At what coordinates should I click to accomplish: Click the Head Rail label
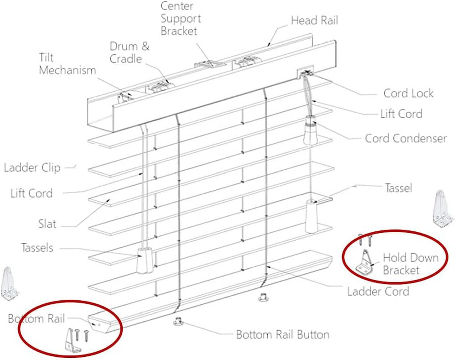click(315, 21)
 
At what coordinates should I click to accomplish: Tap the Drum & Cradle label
click(129, 52)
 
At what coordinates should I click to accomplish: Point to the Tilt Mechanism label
click(67, 64)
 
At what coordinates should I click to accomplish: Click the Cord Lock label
click(408, 94)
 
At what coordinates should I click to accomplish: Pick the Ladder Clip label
click(32, 167)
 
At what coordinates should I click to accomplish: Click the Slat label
click(47, 224)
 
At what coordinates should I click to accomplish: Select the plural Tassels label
click(37, 248)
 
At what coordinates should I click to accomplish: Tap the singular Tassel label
click(399, 188)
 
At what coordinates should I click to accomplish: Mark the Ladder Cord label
click(378, 291)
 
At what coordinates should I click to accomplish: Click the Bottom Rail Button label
click(282, 334)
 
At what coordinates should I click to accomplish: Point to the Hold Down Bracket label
click(404, 264)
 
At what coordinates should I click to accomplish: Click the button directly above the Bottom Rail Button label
click(178, 321)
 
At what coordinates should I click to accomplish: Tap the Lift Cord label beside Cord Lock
click(401, 114)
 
